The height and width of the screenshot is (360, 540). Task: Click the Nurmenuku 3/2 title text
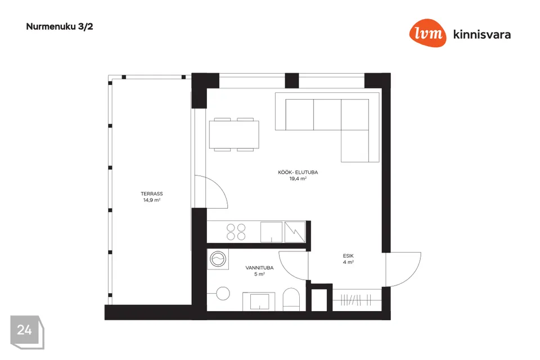[x=60, y=27]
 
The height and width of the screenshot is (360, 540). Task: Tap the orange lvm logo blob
[x=427, y=33]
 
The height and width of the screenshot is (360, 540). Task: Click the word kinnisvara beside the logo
[x=482, y=34]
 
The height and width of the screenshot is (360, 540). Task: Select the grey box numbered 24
[x=27, y=332]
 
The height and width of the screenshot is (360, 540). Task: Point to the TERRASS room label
[x=151, y=194]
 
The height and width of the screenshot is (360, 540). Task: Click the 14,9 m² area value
[x=151, y=200]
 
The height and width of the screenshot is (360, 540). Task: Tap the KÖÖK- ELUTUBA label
[x=298, y=172]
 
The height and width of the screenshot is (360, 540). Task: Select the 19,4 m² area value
[x=298, y=178]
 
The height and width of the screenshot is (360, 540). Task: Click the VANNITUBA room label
[x=259, y=268]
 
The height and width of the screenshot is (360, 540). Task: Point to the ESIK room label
[x=348, y=256]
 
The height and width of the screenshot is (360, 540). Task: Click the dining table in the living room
[x=234, y=134]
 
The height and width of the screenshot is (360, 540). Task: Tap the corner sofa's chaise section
[x=355, y=146]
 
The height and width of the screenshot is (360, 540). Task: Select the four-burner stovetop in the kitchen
[x=236, y=232]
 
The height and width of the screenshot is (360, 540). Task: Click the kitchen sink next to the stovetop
[x=271, y=232]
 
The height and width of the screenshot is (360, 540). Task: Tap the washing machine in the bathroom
[x=218, y=259]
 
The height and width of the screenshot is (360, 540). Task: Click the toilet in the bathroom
[x=291, y=299]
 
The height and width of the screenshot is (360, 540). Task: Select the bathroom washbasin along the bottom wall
[x=259, y=301]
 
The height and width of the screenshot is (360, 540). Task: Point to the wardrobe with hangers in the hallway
[x=357, y=300]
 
